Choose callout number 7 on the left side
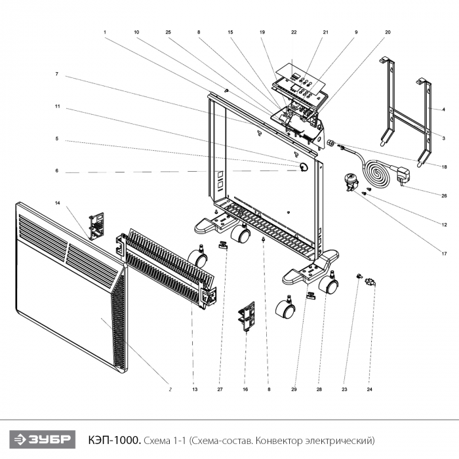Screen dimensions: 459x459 [x=57, y=74]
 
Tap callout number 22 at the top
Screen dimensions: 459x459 [x=294, y=32]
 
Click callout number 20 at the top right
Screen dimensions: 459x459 [x=388, y=32]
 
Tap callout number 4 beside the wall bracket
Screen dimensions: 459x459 [x=443, y=110]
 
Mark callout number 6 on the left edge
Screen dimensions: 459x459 [x=57, y=171]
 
